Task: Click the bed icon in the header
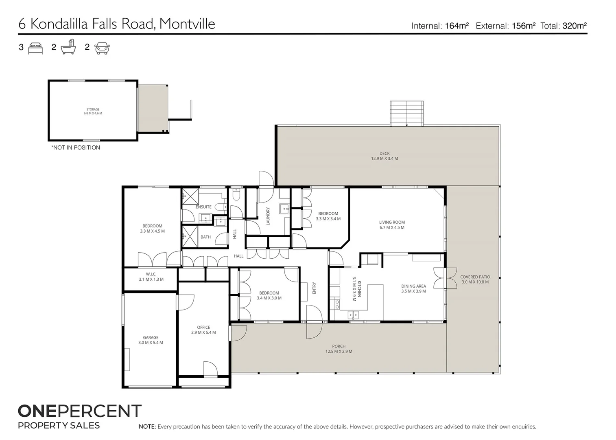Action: point(35,48)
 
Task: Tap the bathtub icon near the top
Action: point(68,47)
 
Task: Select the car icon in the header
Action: point(102,48)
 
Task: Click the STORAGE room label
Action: point(93,109)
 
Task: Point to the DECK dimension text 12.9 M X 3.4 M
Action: point(384,158)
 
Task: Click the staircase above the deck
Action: point(407,113)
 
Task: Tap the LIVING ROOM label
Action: point(392,222)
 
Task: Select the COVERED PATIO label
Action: point(475,277)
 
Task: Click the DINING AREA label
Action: point(414,286)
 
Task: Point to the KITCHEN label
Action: point(359,288)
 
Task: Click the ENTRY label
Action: point(314,288)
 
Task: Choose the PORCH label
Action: point(339,346)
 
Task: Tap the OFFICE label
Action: point(203,328)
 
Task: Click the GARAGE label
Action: point(151,338)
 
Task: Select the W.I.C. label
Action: point(151,274)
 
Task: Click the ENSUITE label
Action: point(203,207)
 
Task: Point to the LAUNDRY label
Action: point(268,216)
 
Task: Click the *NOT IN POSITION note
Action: point(76,147)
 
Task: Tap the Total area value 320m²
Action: point(575,26)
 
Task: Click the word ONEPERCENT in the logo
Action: point(80,411)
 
